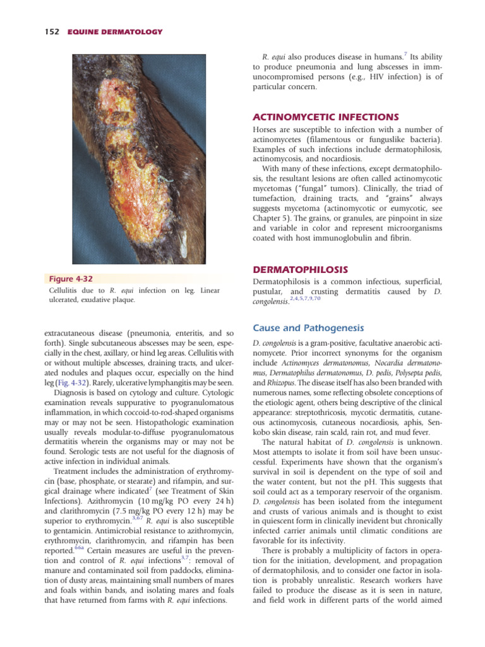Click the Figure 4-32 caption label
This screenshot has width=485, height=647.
[x=71, y=279]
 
